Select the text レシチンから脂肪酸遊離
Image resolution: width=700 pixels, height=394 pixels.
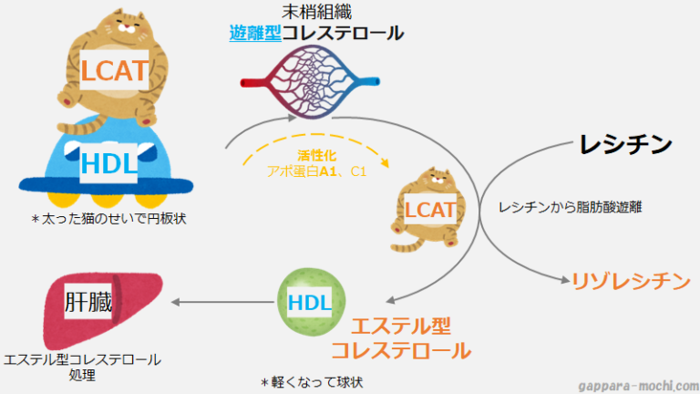tap(571, 208)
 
